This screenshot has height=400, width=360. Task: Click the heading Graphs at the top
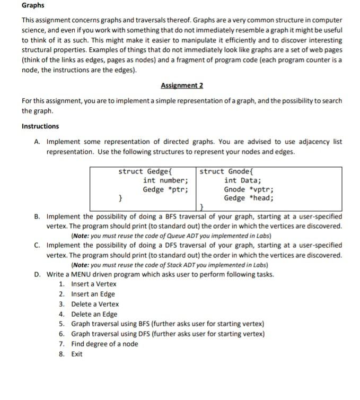[33, 6]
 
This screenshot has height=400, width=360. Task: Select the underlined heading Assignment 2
[182, 85]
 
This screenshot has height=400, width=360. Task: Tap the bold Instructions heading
[40, 126]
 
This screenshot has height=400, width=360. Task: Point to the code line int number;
[165, 180]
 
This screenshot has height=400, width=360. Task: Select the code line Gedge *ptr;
[165, 189]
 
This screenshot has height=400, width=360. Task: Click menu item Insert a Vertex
[94, 284]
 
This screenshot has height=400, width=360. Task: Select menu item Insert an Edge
[93, 294]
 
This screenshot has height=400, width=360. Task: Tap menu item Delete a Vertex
[95, 304]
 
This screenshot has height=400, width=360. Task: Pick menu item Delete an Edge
[94, 314]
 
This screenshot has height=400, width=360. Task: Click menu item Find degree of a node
[104, 344]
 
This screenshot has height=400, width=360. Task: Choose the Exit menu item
[77, 354]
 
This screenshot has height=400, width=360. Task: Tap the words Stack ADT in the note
[183, 265]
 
